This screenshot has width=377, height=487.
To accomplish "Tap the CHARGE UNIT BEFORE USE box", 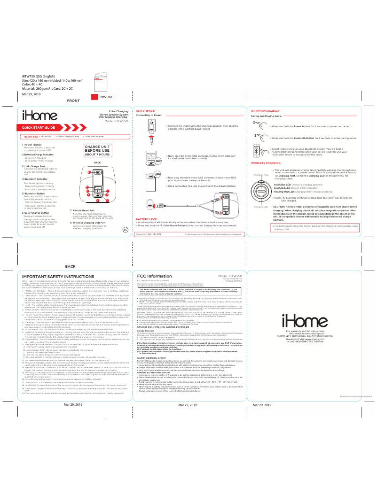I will [x=98, y=150].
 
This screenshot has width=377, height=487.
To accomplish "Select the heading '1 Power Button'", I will [x=33, y=145].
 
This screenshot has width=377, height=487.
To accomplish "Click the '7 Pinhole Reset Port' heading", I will [x=82, y=210].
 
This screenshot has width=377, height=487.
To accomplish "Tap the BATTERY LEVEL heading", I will [x=147, y=219].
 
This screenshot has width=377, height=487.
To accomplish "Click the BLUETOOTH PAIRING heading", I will [x=265, y=111].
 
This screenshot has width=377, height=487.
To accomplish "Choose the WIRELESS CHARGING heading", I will [x=266, y=162].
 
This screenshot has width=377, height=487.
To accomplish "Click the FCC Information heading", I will [x=153, y=276].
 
